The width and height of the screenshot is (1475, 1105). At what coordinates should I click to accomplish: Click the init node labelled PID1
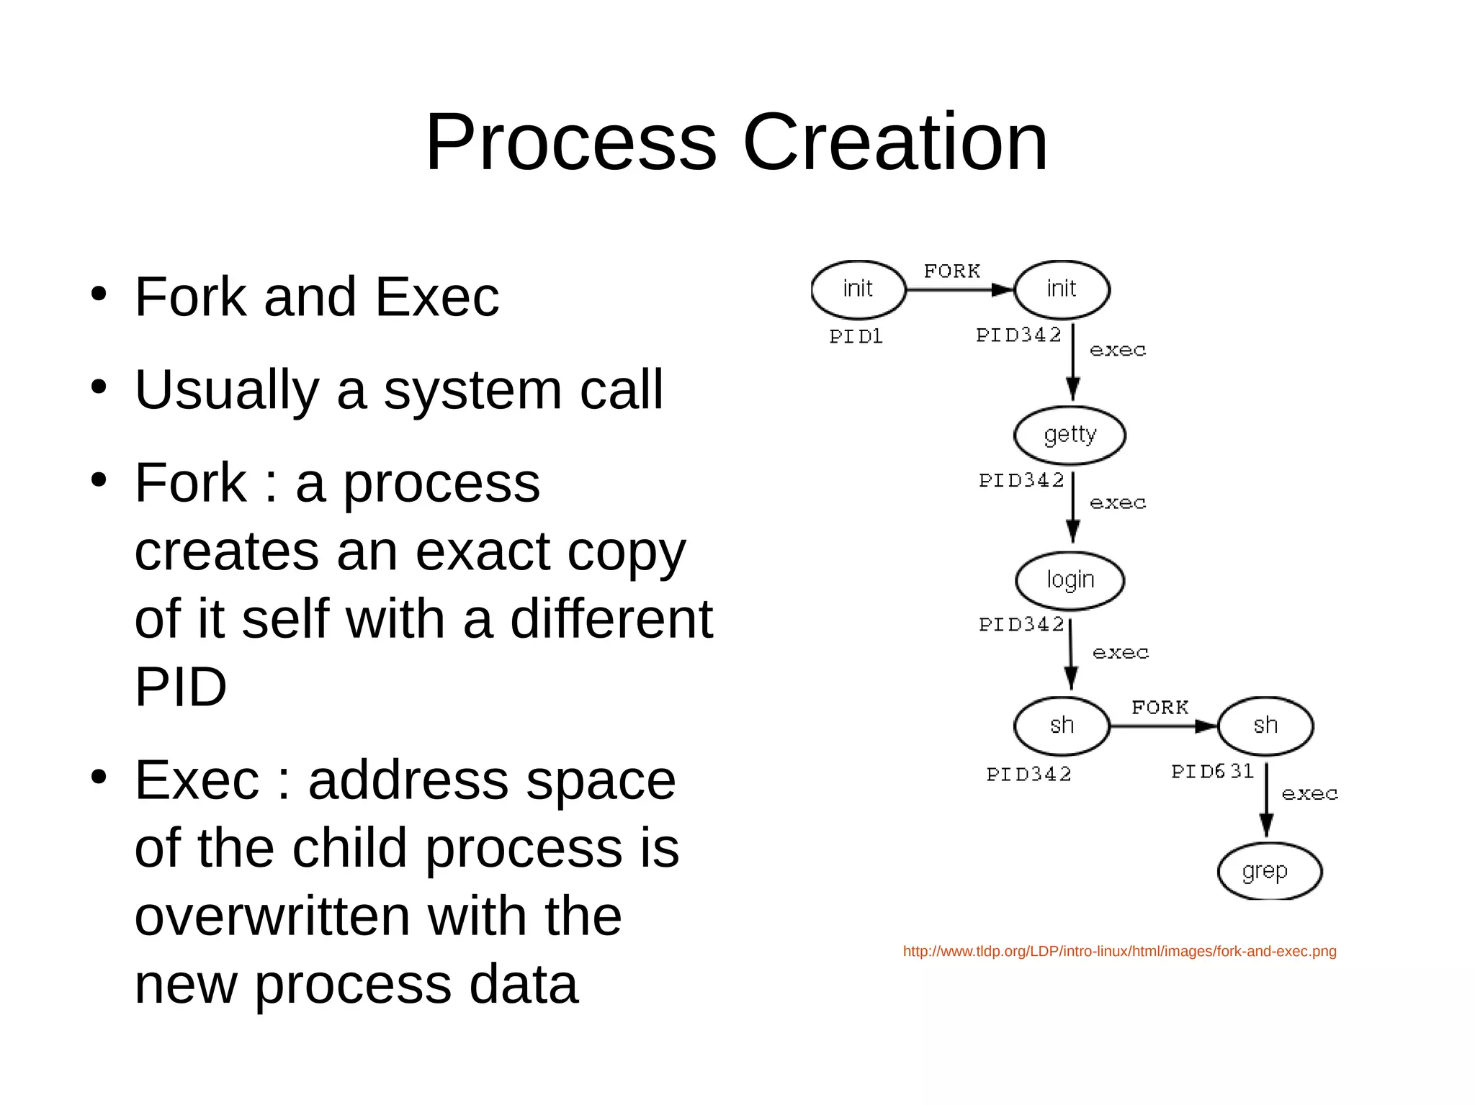pos(858,289)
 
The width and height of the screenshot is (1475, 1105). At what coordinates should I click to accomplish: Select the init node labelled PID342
pos(1062,289)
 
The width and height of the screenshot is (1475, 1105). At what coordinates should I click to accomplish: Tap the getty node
pos(1070,436)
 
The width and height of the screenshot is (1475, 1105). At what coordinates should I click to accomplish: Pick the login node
pos(1070,580)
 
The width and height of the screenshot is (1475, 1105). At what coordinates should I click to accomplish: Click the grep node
pos(1269,872)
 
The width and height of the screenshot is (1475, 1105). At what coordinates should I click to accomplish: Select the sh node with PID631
pos(1265,726)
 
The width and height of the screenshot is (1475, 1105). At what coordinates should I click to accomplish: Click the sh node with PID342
pos(1062,726)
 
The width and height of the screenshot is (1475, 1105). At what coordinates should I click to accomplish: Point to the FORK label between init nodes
pos(952,271)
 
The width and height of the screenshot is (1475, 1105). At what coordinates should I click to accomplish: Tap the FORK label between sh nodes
pos(1160,708)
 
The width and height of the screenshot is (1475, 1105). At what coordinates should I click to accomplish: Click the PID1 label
pos(856,337)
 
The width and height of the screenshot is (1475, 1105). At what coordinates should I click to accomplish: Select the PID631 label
pos(1212,772)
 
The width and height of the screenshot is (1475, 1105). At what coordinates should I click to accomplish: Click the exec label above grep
pos(1309,794)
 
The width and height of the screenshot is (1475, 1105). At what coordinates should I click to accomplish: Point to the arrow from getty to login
pos(1072,508)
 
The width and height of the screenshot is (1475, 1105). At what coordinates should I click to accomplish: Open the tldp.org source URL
pos(1119,952)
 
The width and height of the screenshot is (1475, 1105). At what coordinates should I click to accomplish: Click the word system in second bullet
pos(472,390)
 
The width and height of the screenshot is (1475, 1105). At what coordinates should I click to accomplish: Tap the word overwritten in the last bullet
pos(272,916)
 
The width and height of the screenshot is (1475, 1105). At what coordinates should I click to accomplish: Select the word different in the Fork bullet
pos(611,619)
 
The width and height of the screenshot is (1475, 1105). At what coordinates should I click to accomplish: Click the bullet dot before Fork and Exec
pos(99,294)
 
